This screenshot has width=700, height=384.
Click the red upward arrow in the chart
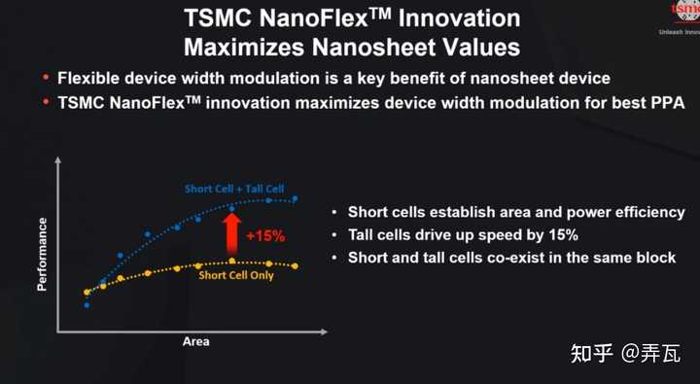click(231, 233)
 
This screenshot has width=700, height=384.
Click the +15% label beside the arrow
click(264, 235)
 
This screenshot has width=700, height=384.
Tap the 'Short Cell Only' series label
click(236, 275)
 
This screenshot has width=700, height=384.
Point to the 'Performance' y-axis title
click(42, 255)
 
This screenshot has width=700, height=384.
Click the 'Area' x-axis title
click(195, 341)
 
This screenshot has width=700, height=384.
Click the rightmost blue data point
click(296, 198)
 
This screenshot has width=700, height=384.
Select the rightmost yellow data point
click(295, 265)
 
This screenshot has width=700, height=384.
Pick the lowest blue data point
click(87, 304)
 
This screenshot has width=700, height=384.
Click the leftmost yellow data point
click(87, 292)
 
